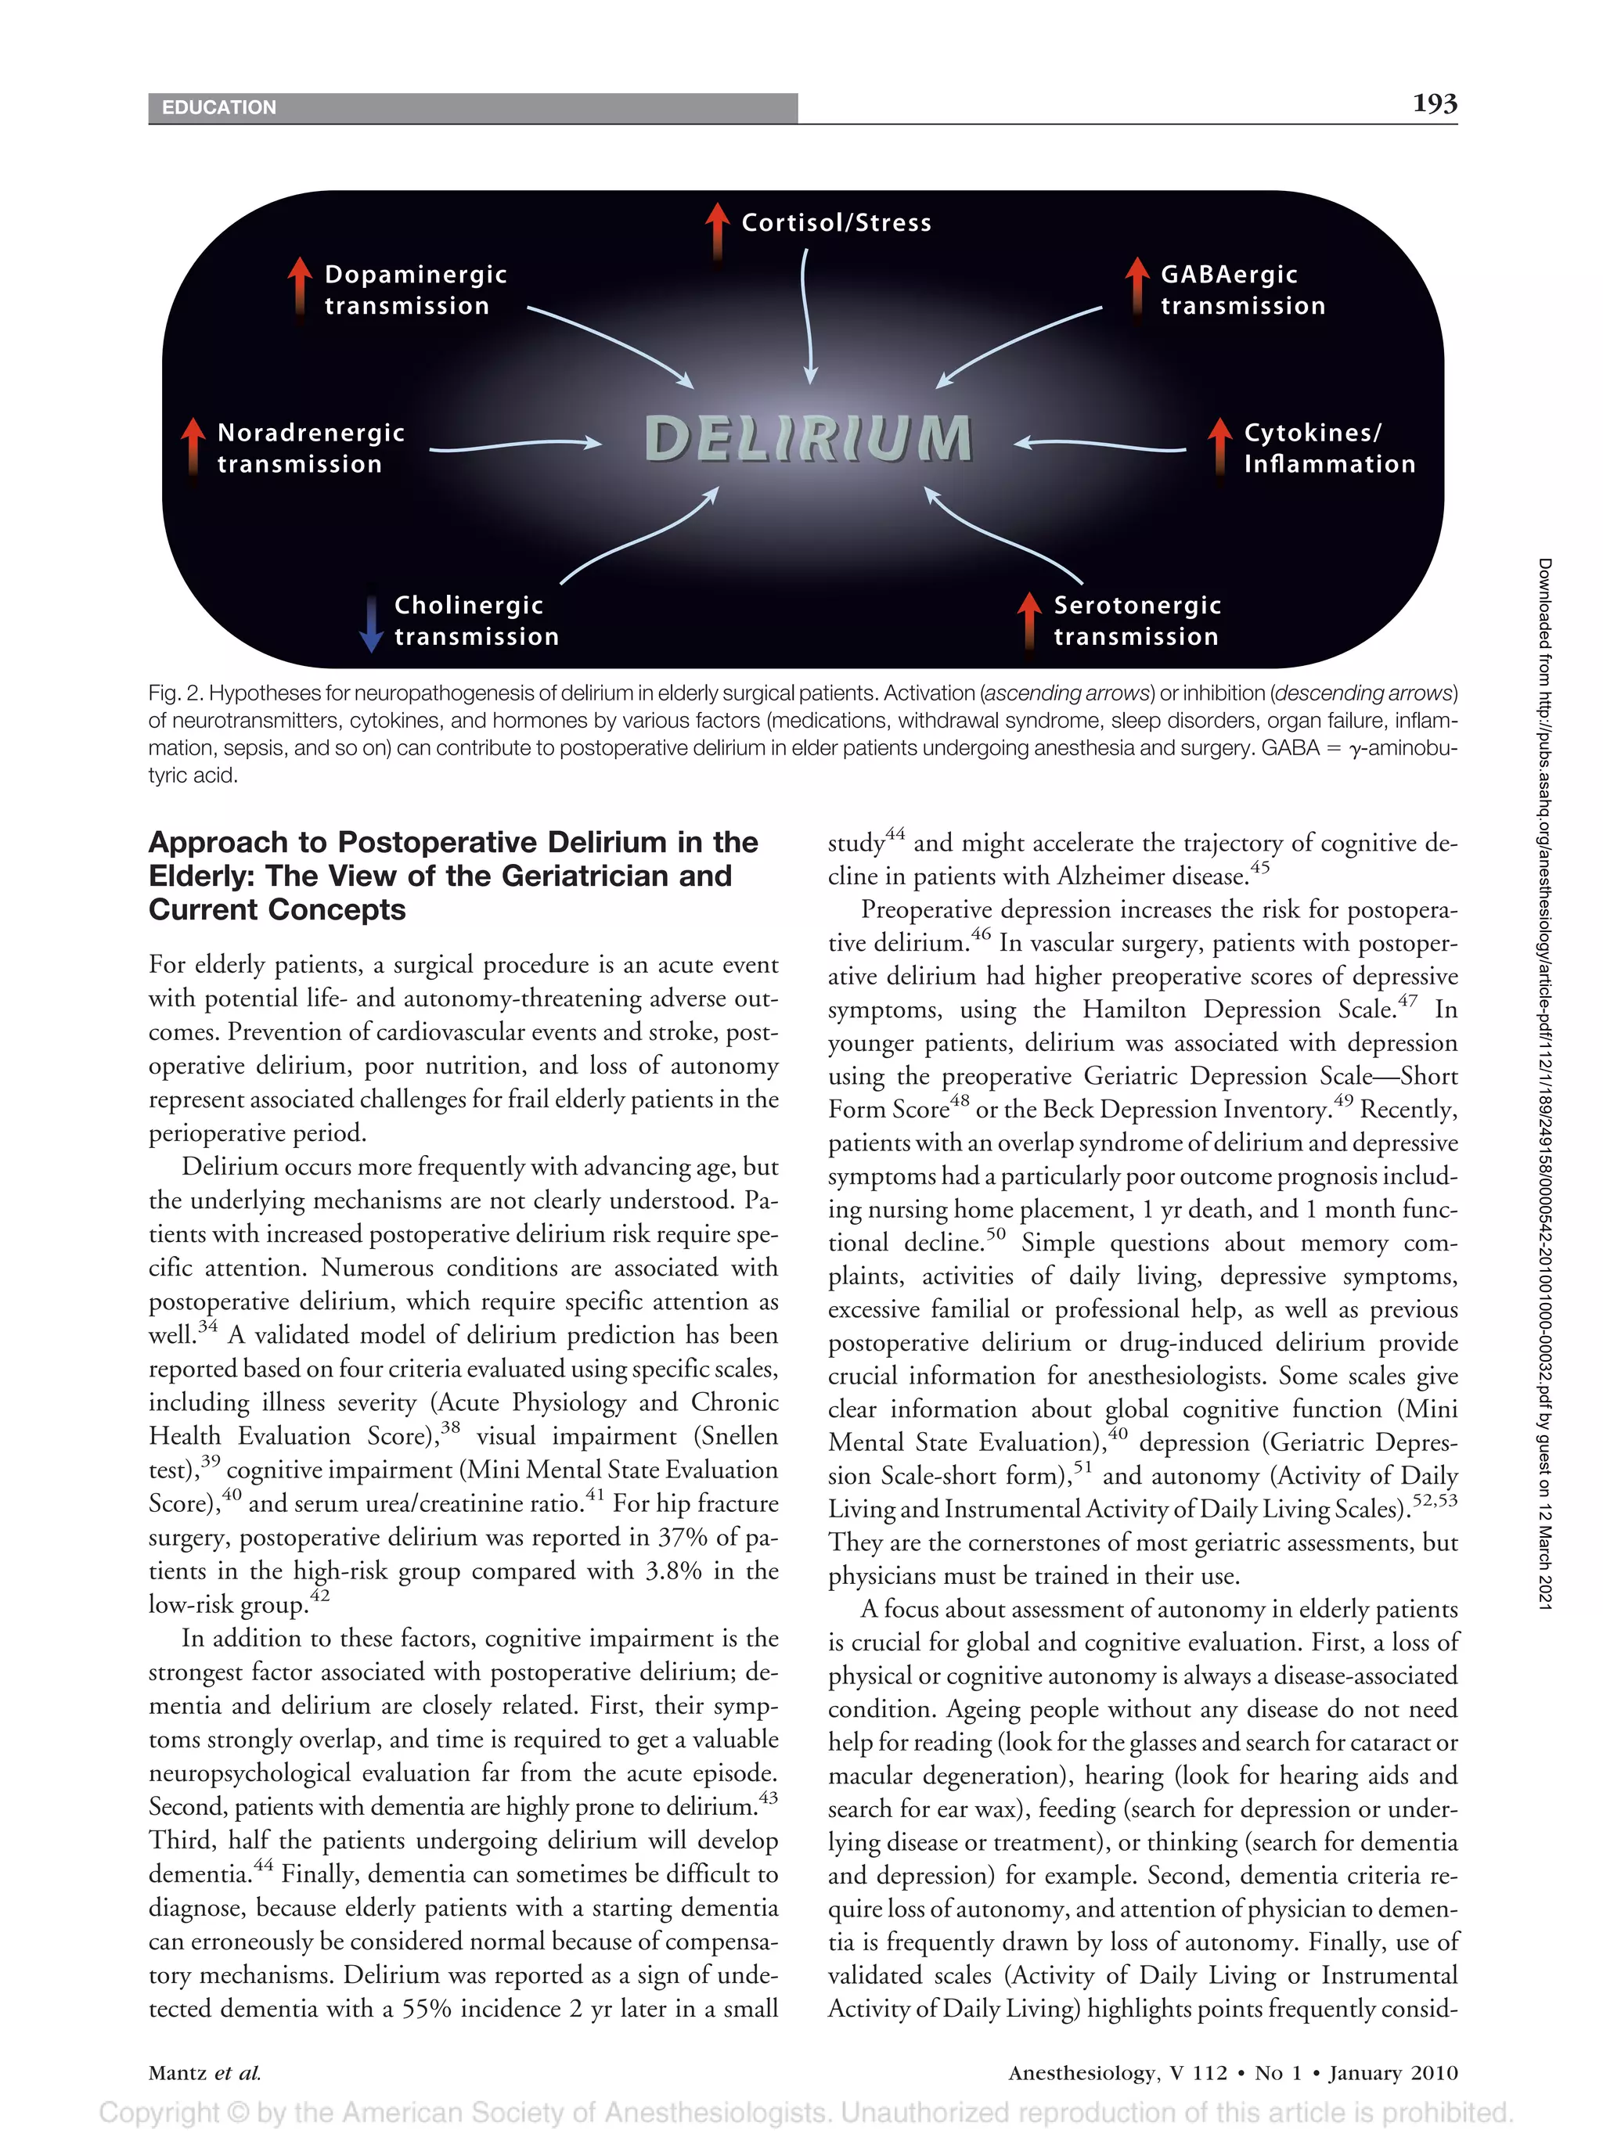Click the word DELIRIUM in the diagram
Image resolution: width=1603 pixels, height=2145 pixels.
[808, 438]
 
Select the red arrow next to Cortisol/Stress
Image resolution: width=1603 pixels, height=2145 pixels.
[717, 231]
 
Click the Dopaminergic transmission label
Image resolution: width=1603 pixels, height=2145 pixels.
[415, 290]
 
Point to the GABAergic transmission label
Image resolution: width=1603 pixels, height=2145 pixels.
[1242, 290]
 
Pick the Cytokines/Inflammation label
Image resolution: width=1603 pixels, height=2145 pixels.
[1328, 448]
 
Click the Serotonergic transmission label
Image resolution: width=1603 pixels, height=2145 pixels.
[1137, 621]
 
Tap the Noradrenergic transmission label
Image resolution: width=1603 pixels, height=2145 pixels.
[310, 448]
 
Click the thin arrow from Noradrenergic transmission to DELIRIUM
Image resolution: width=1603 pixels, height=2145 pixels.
[514, 446]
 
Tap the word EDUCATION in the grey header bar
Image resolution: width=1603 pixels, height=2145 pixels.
[219, 108]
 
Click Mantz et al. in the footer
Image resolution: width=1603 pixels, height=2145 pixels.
[204, 2073]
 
